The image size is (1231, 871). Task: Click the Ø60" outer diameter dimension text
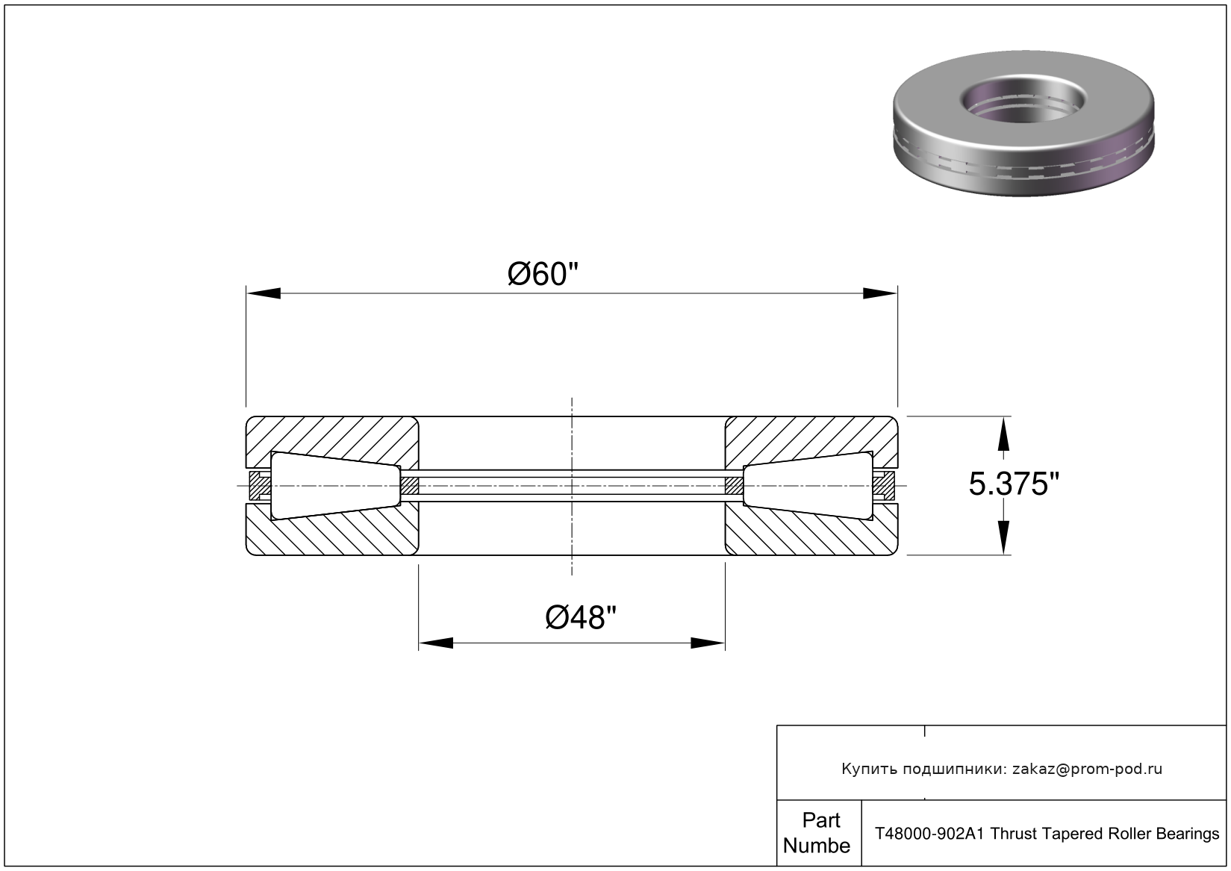pos(543,274)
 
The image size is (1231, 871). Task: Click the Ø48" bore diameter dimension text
pos(581,617)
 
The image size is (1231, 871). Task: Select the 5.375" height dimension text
pos(1014,485)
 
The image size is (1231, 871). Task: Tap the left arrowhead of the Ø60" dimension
pos(263,293)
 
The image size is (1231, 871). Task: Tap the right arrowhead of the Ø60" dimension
pos(880,293)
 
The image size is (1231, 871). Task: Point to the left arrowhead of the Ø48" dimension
pos(436,643)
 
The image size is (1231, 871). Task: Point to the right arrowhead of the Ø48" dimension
pos(708,643)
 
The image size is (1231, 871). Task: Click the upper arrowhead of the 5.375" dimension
pos(1003,434)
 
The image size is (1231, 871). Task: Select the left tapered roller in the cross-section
pos(333,486)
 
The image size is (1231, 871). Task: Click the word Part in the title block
pos(820,820)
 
